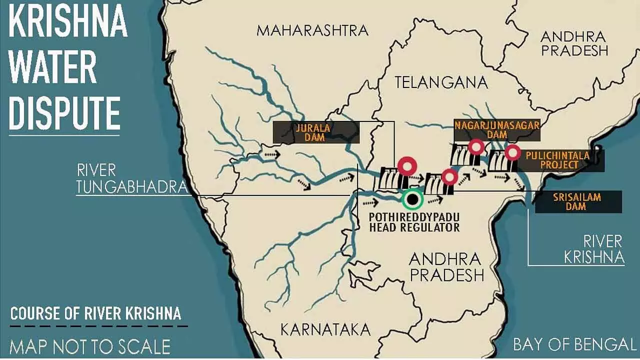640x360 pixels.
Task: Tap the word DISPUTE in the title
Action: point(64,113)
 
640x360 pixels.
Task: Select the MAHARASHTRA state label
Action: point(312,30)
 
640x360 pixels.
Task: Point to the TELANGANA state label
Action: point(441,82)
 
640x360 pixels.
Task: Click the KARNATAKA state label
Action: point(325,329)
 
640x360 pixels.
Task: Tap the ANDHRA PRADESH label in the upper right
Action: point(574,43)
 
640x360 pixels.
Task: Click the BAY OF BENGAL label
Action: point(574,344)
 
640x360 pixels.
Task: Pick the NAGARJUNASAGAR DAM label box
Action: point(496,130)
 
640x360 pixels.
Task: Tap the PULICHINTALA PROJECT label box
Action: point(557,160)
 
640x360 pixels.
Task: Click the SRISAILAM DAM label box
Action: point(578,201)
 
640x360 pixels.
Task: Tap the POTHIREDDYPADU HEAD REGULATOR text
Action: point(414,222)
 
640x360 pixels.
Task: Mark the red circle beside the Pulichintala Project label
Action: point(511,152)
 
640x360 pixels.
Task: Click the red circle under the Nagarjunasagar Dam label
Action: point(475,146)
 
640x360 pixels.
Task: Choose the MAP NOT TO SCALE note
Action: point(90,346)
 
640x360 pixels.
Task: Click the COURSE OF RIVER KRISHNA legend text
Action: point(95,314)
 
